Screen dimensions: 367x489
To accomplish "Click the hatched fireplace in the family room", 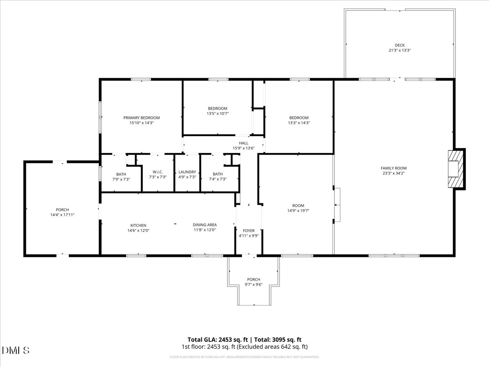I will click(x=456, y=169).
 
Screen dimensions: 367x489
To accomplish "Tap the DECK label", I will click(x=399, y=45).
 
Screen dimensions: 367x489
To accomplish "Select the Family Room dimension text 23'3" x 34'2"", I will click(x=393, y=173).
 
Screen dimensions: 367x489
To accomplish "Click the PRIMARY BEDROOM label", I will click(x=141, y=117).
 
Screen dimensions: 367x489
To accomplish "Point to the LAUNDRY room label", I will click(x=187, y=172).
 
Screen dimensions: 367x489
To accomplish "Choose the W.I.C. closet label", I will click(x=158, y=172).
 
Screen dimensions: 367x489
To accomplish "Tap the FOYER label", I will click(x=249, y=230).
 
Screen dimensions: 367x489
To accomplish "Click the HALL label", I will click(x=244, y=143).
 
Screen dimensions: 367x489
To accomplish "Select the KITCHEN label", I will click(x=138, y=225).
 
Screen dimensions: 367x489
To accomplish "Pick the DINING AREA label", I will click(x=205, y=225).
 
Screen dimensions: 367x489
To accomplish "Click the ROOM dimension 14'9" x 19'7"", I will click(x=298, y=211).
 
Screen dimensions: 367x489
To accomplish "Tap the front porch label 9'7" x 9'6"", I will click(x=253, y=285).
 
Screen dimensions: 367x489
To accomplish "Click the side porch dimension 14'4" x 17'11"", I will click(x=62, y=215).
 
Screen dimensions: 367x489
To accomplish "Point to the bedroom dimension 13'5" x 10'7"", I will click(x=218, y=113).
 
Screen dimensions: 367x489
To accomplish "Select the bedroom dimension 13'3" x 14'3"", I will click(x=299, y=123).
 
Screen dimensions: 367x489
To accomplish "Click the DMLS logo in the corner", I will click(x=16, y=350).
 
